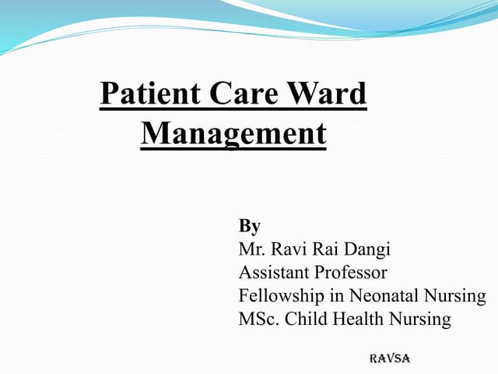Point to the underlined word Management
(x=233, y=133)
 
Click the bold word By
(x=249, y=227)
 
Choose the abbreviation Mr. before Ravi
(x=252, y=250)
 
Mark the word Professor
(x=350, y=273)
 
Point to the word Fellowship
(x=279, y=297)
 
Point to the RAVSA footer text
(x=389, y=358)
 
